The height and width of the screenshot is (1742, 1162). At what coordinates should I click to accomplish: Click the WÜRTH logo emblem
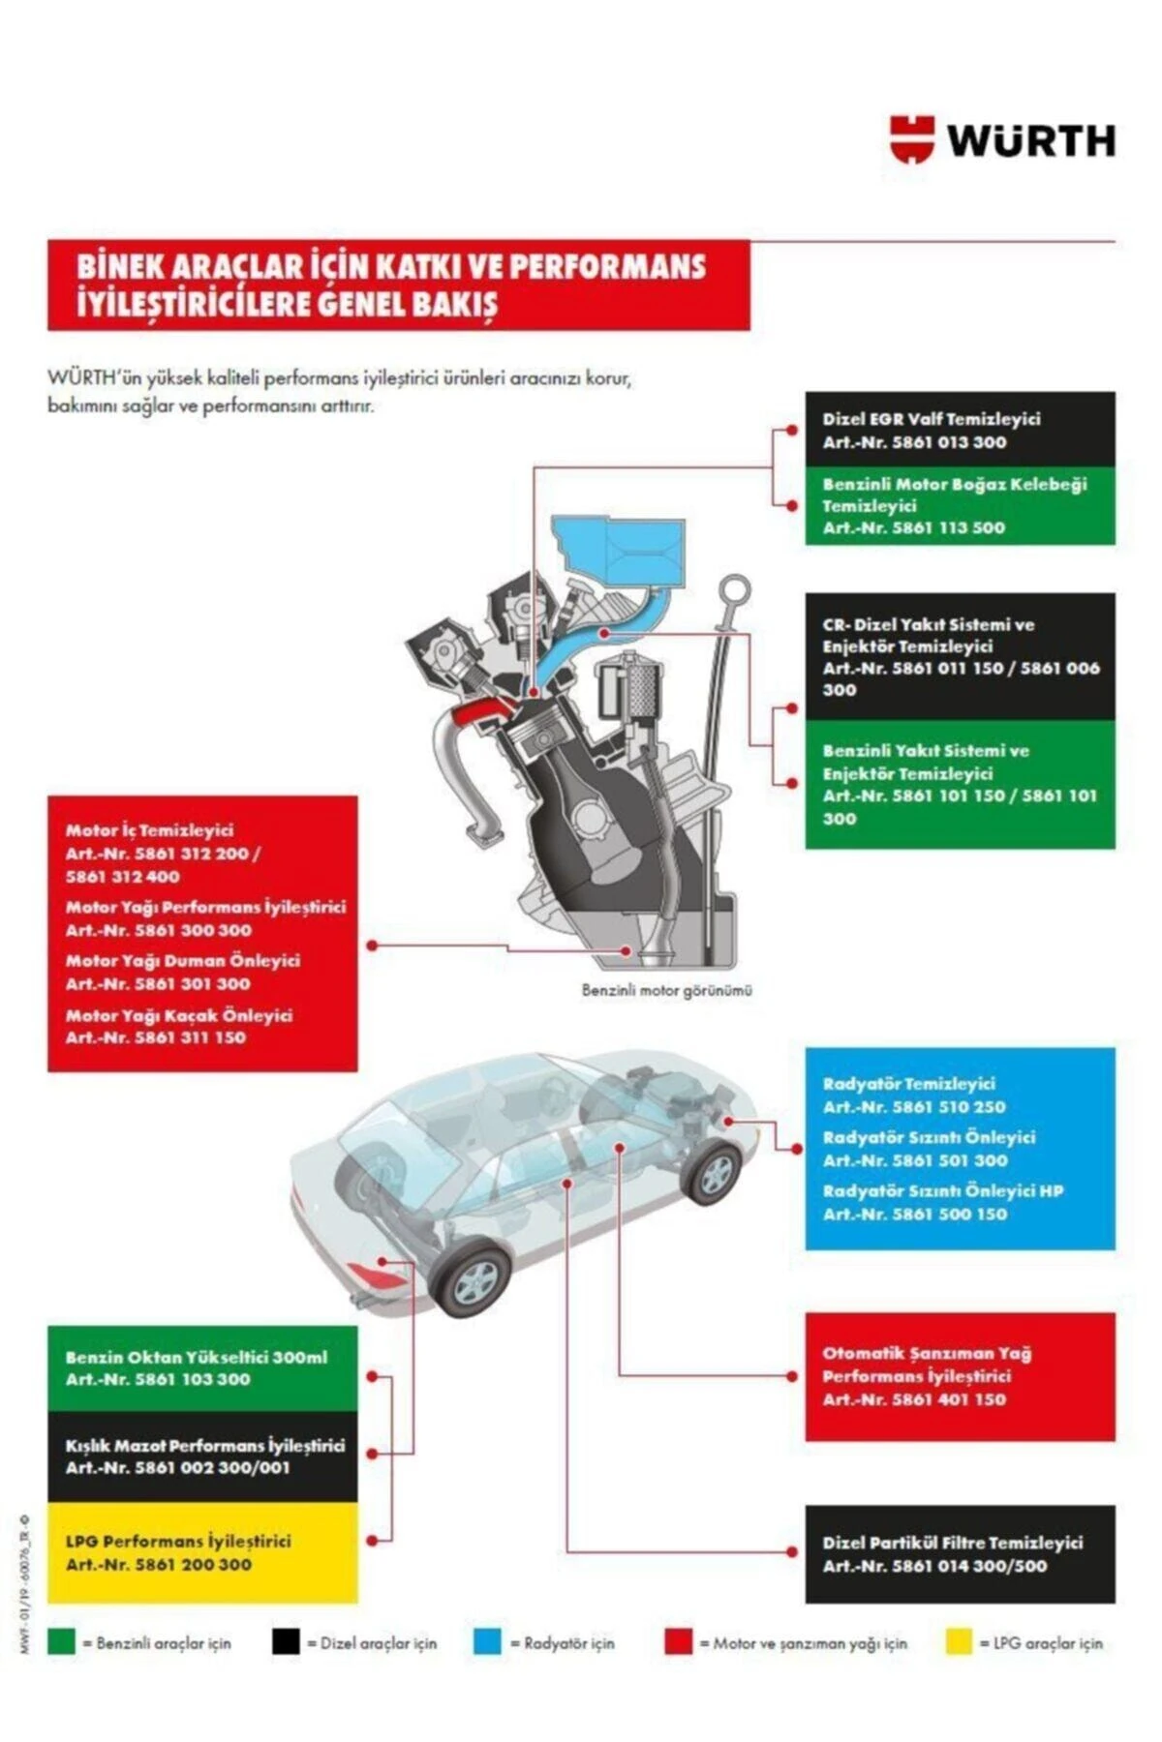click(912, 139)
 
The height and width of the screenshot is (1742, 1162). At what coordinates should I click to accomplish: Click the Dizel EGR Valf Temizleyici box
click(959, 430)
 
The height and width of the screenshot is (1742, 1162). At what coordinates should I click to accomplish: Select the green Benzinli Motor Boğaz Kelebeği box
click(959, 505)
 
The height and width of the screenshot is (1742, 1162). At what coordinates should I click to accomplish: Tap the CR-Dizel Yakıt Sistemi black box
click(959, 656)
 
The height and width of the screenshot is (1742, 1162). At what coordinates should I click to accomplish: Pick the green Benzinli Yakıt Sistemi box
click(959, 784)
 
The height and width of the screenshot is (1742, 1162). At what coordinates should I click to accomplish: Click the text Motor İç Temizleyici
click(149, 830)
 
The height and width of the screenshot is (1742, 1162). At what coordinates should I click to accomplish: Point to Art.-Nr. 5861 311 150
click(155, 1037)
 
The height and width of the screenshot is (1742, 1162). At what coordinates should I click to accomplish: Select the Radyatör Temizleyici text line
click(908, 1084)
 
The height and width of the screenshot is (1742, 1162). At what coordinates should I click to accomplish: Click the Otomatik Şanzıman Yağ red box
click(959, 1376)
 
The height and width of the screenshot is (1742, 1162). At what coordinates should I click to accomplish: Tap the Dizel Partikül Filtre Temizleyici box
click(959, 1553)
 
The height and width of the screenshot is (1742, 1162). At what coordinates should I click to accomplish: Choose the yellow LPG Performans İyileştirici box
click(201, 1552)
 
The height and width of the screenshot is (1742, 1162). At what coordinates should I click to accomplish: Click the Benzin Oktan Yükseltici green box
click(201, 1367)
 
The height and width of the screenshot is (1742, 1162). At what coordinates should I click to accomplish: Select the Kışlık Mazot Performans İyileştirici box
click(201, 1457)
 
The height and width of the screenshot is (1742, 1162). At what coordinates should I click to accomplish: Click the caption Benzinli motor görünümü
click(666, 990)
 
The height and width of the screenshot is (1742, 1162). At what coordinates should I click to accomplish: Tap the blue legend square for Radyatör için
click(487, 1642)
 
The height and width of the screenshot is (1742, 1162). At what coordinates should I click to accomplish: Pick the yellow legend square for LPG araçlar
click(958, 1642)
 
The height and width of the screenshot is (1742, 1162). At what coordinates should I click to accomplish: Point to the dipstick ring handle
click(736, 588)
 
